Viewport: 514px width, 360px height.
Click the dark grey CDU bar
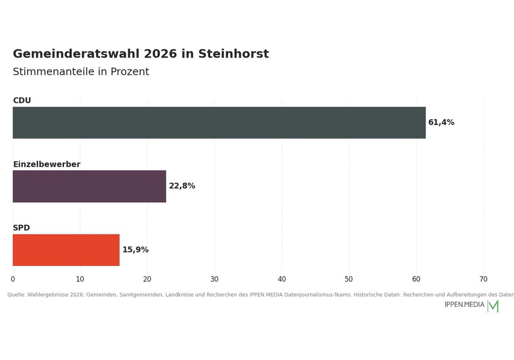click(x=219, y=122)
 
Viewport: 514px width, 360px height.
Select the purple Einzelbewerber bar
click(x=89, y=186)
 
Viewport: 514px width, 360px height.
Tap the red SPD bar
click(x=66, y=250)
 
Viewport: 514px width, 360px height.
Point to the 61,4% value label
click(x=441, y=122)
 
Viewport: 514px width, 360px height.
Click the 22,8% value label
click(x=182, y=186)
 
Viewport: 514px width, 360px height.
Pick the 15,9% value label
click(x=135, y=249)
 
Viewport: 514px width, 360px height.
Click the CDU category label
click(x=22, y=100)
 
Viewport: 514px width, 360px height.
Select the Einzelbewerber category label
click(x=47, y=164)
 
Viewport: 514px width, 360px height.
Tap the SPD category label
click(x=21, y=227)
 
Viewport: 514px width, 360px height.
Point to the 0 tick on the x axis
click(x=13, y=279)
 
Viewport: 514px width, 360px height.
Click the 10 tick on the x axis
click(x=80, y=279)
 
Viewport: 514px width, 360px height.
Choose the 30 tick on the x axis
click(x=214, y=279)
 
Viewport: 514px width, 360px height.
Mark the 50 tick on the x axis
click(x=349, y=279)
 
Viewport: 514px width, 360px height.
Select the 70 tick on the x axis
click(x=484, y=279)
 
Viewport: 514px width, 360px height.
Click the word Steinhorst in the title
click(x=233, y=53)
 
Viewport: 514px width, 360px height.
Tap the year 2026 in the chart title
click(x=160, y=53)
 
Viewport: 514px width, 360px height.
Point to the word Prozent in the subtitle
click(x=130, y=71)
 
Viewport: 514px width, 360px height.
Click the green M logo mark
click(x=493, y=306)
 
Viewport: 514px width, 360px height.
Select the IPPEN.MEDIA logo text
click(x=465, y=304)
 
